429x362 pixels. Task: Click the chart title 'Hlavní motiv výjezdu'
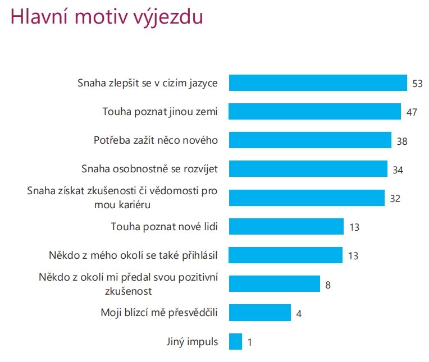click(x=107, y=17)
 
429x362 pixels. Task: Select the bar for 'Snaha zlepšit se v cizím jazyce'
click(x=318, y=83)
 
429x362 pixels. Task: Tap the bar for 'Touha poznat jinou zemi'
click(x=315, y=111)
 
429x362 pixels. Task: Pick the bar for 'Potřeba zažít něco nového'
click(x=310, y=140)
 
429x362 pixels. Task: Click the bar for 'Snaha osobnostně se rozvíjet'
click(x=308, y=169)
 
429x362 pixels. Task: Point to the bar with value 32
click(x=307, y=198)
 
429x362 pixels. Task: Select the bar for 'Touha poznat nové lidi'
click(x=286, y=227)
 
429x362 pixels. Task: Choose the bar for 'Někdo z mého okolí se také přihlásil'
click(x=286, y=255)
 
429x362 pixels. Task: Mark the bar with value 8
click(x=275, y=284)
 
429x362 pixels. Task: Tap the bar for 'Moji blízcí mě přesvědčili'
click(x=260, y=313)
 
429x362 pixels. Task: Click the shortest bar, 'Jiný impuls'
click(x=235, y=341)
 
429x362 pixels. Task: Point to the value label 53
click(x=417, y=83)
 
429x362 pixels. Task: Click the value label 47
click(x=411, y=112)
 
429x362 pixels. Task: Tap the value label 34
click(x=398, y=169)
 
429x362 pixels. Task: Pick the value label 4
click(x=299, y=313)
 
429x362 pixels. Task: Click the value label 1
click(x=250, y=342)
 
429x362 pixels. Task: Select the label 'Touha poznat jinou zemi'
click(x=160, y=111)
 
